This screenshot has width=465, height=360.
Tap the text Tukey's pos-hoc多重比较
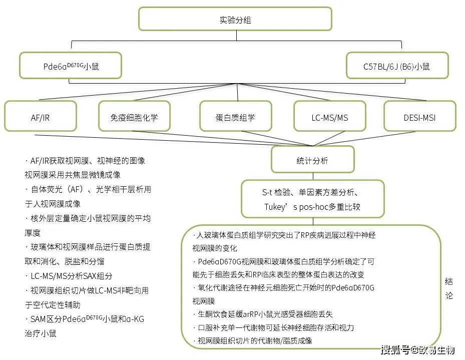312,207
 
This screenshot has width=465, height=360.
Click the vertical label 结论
448,288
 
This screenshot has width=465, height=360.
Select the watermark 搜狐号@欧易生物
417,350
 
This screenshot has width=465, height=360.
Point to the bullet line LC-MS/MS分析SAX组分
69,276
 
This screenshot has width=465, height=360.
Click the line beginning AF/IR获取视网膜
85,161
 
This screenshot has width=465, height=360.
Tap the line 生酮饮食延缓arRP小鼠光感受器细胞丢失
263,314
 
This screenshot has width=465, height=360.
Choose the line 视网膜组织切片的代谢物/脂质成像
253,341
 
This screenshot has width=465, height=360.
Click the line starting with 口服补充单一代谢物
274,327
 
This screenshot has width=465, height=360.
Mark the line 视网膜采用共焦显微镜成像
73,175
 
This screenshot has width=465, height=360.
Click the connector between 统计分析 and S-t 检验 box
313,176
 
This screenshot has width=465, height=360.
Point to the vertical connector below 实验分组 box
236,36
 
